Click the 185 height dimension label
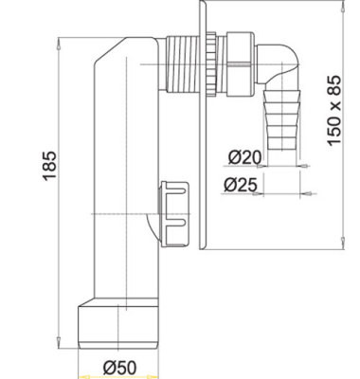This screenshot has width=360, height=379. pos(49,166)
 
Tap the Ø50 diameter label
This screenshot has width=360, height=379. pos(120,368)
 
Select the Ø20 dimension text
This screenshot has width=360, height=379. pos(244,156)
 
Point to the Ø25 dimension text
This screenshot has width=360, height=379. pos(240,185)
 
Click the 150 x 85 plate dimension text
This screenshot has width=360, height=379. pos(334,111)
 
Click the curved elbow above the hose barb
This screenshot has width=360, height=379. pos(278,67)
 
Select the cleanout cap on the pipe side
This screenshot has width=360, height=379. pos(174,213)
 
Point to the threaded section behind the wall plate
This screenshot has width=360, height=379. pos(182,64)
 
